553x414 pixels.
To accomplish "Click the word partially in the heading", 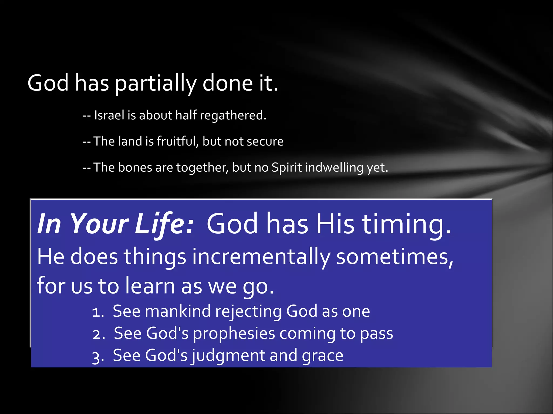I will [156, 84].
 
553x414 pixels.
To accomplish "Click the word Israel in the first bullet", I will [109, 115].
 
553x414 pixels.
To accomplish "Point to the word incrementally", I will [261, 257].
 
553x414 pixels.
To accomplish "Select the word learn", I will [150, 286].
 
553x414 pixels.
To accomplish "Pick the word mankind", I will [177, 312].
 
